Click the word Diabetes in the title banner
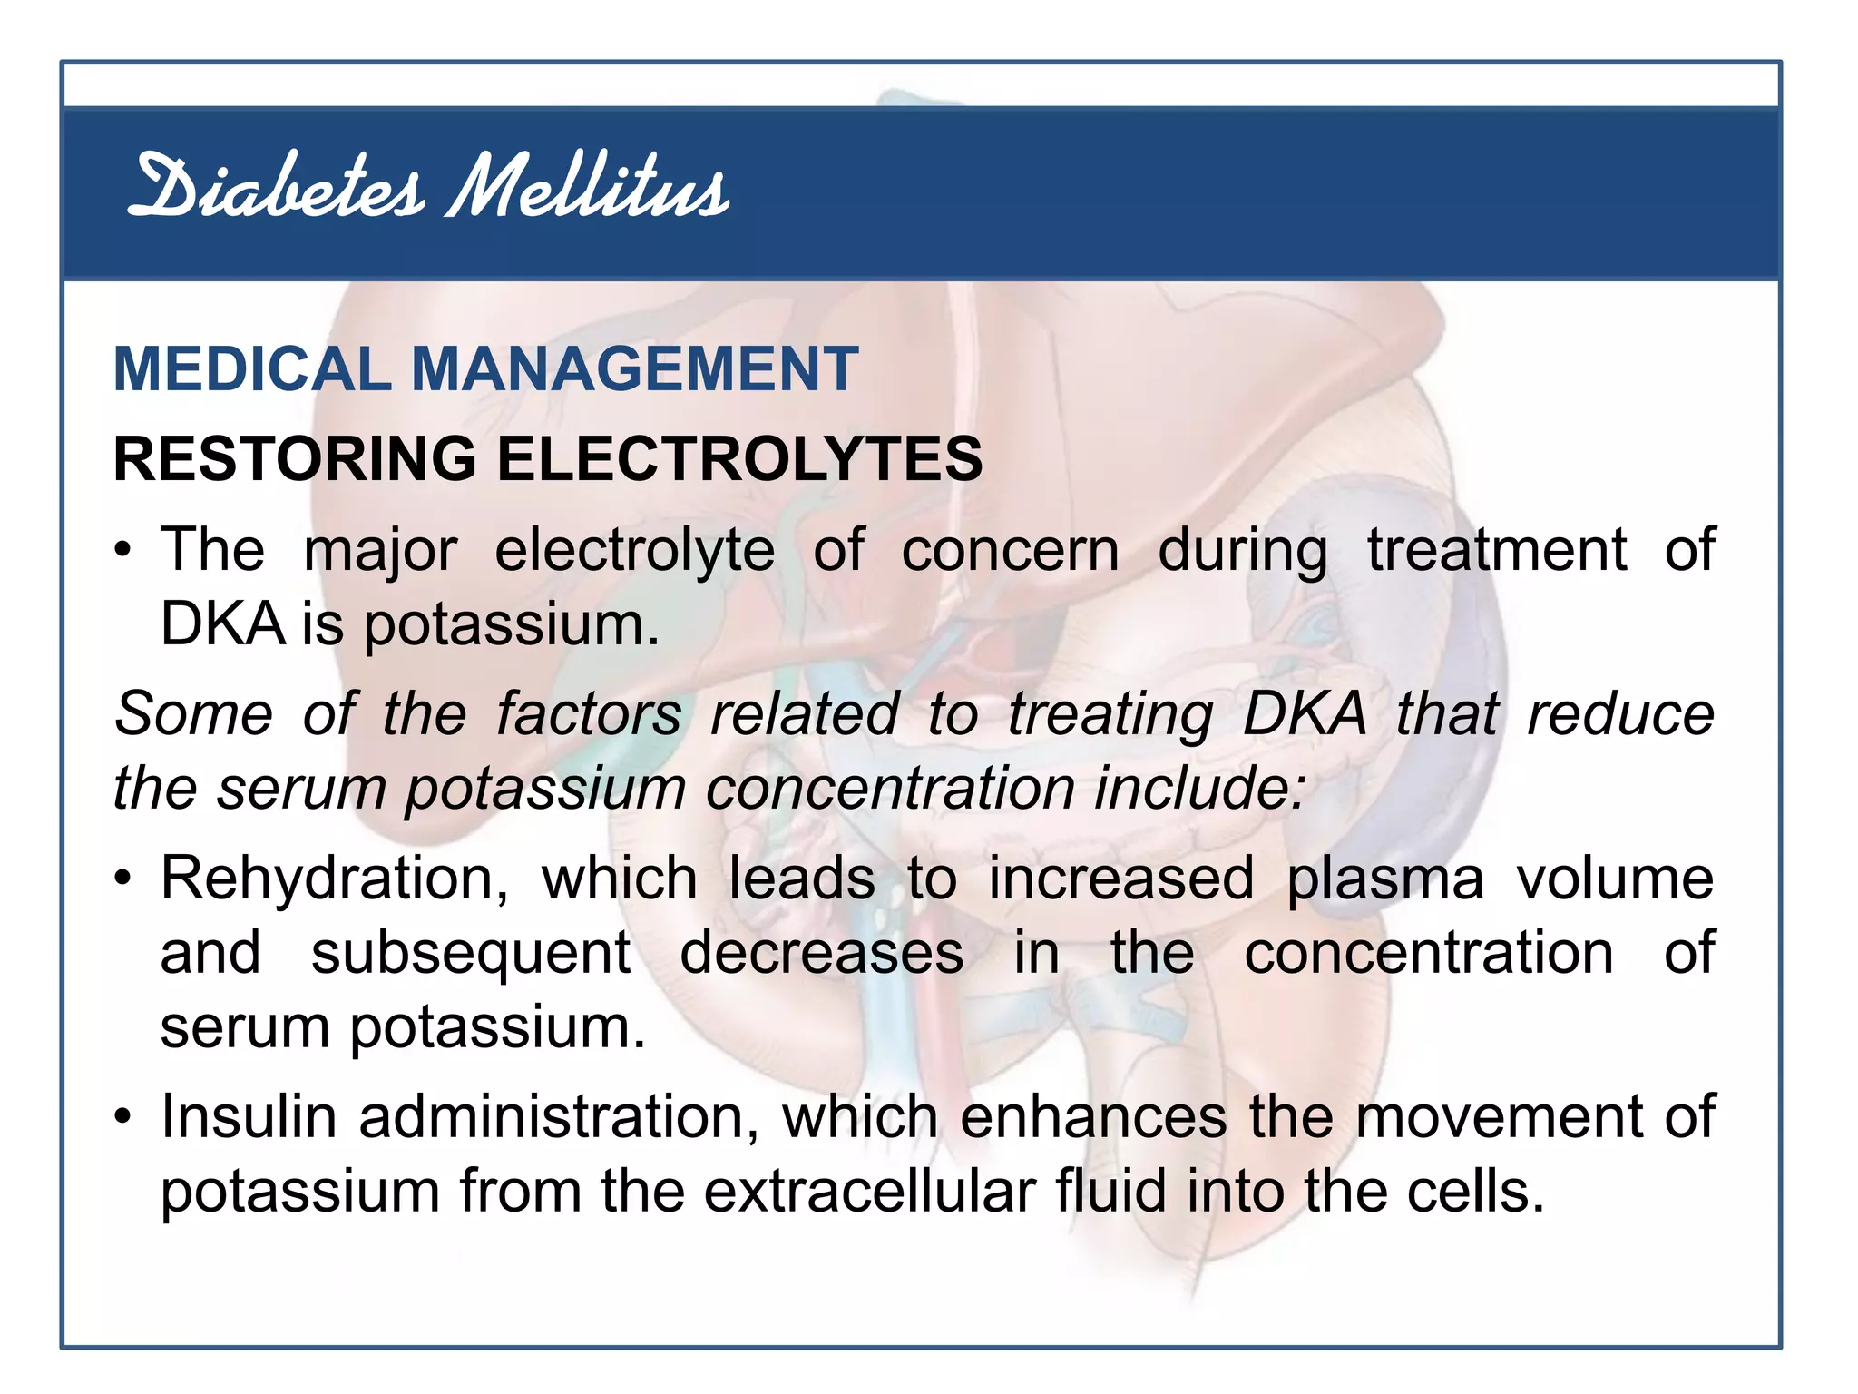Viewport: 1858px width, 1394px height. click(276, 188)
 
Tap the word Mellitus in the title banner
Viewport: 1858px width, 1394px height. click(588, 188)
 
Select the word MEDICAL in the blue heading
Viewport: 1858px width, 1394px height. click(251, 369)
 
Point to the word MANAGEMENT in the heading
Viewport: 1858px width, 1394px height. click(634, 369)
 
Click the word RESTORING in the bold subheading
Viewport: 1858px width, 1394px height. click(294, 458)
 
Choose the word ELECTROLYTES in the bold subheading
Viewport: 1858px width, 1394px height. click(739, 458)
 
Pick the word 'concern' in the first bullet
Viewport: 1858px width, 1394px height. click(1010, 550)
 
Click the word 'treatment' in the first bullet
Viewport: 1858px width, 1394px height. click(1497, 550)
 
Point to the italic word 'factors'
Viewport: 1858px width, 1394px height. click(589, 713)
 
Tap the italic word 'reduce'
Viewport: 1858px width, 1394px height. click(1621, 713)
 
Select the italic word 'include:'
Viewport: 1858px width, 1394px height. click(1200, 788)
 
